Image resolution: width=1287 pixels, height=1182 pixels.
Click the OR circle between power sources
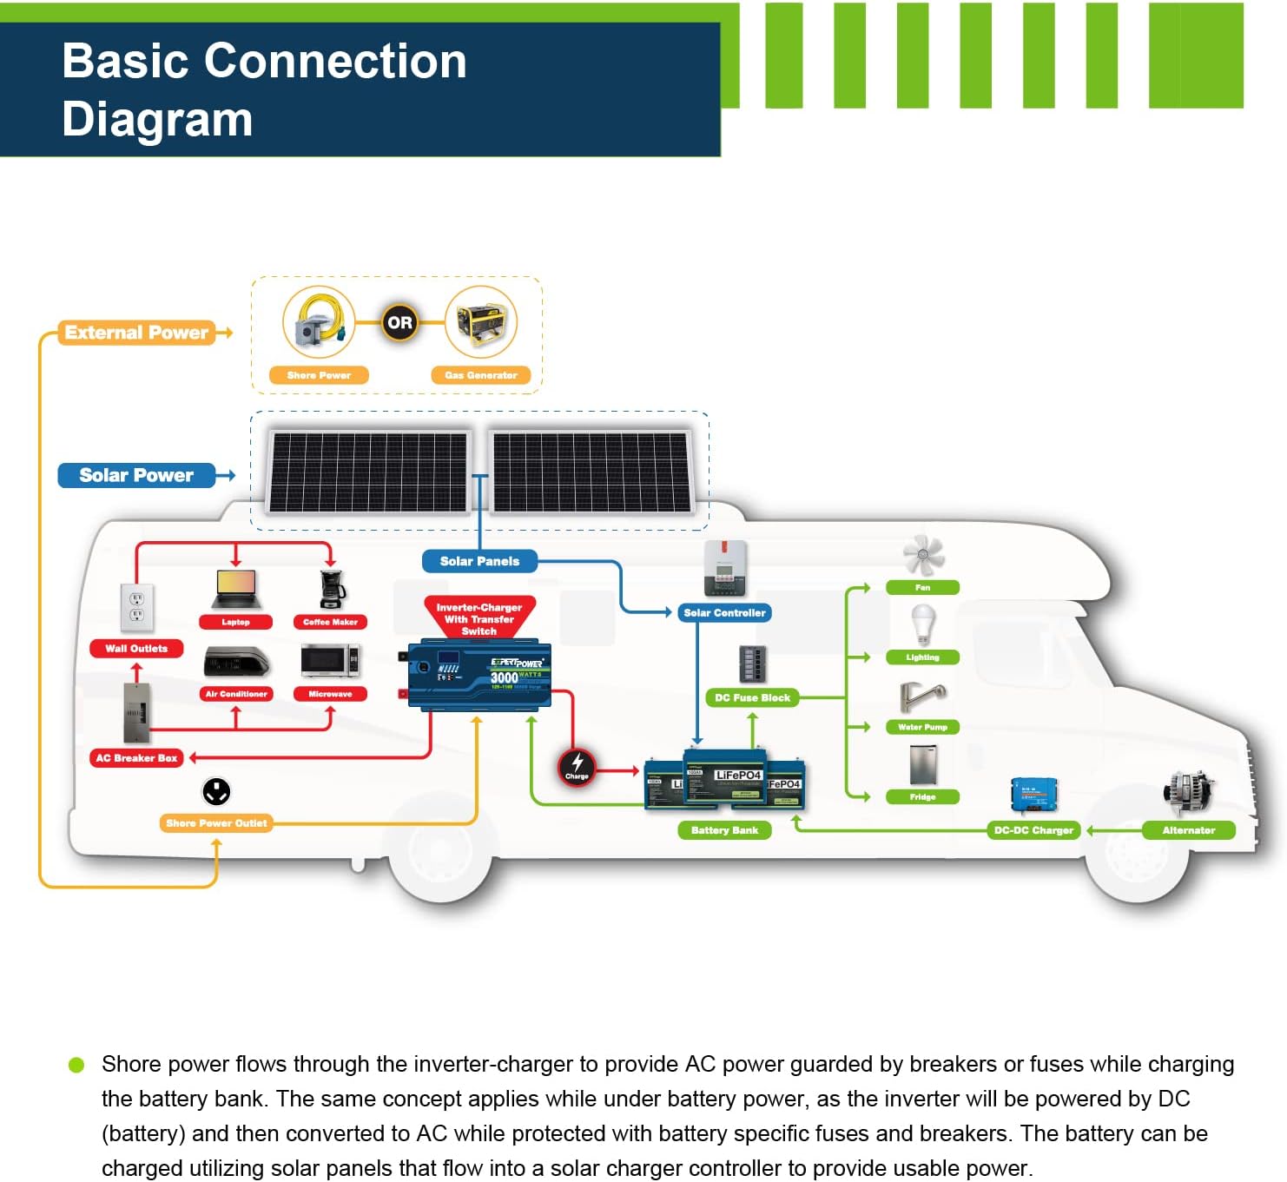[399, 323]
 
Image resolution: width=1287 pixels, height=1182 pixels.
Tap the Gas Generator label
[480, 375]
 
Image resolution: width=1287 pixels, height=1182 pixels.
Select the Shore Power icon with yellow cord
[319, 322]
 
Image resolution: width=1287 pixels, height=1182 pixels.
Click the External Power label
[136, 333]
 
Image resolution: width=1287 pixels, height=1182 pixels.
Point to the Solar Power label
[136, 475]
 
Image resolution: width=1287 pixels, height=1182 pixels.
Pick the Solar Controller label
[724, 613]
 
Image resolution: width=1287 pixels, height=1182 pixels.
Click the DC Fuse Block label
[752, 697]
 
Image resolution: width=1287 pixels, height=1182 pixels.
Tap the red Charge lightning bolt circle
[577, 767]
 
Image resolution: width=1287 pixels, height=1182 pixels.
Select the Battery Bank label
[724, 830]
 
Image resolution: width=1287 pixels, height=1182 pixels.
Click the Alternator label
[1188, 830]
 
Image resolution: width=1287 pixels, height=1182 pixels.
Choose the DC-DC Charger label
[1033, 830]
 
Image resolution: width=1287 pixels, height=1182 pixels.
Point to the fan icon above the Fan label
[922, 554]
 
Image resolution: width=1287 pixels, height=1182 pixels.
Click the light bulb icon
[922, 624]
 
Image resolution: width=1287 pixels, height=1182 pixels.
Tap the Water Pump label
[922, 727]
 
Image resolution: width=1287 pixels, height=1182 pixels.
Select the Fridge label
[922, 796]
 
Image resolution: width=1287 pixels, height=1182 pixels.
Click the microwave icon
[330, 661]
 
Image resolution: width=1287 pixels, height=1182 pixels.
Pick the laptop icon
[235, 590]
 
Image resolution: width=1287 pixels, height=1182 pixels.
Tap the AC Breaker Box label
[136, 758]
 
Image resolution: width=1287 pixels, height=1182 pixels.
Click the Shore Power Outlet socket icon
[216, 791]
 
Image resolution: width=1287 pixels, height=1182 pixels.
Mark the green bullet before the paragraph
[76, 1065]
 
